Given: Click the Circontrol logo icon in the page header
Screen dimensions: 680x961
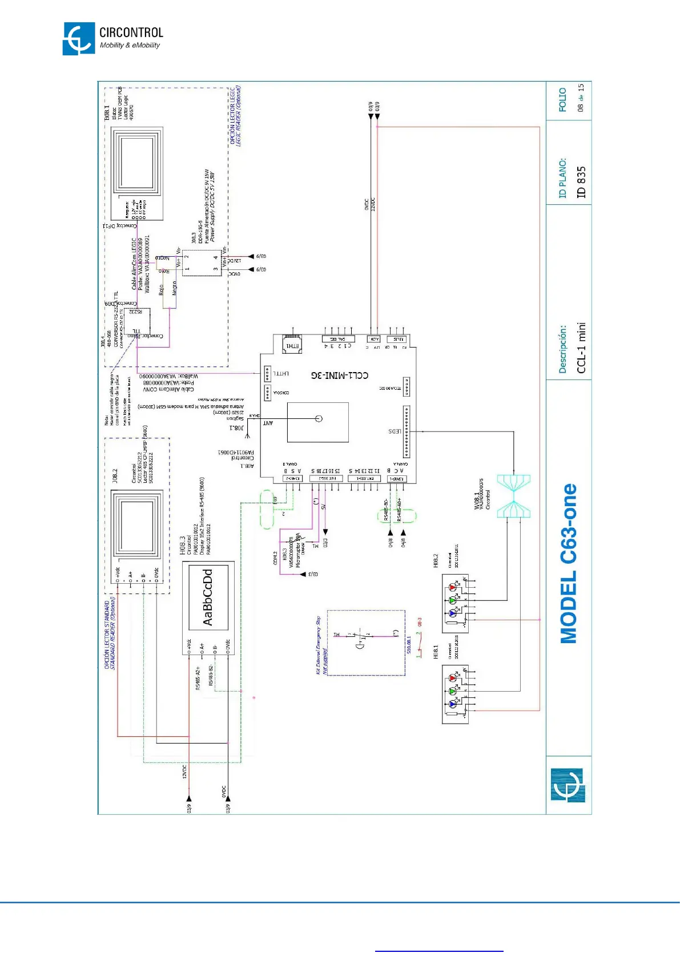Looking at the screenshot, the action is point(78,39).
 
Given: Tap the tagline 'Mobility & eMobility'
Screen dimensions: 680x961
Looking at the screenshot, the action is point(130,46).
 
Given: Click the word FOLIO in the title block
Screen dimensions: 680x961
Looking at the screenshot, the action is point(563,99).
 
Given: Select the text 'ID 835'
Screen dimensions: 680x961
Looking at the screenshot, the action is point(581,182).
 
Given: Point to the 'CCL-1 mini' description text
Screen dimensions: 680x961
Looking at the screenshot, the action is point(581,348).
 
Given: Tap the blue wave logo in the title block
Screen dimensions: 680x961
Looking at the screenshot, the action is point(568,785).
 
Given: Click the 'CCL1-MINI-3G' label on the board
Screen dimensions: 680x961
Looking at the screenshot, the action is point(340,375).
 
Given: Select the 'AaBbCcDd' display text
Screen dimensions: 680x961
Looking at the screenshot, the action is point(208,597).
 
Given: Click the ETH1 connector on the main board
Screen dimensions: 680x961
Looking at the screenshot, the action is point(292,345).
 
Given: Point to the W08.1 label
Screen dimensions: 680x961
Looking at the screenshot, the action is point(477,500).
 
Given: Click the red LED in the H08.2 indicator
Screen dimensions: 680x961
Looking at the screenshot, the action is point(453,587).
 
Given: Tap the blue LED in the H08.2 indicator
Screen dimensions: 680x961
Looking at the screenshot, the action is point(453,613).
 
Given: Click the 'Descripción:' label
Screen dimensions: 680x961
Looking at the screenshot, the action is point(563,349).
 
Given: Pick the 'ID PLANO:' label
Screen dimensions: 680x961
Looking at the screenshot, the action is point(563,177).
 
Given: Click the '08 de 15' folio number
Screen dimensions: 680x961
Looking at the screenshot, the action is point(581,98).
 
